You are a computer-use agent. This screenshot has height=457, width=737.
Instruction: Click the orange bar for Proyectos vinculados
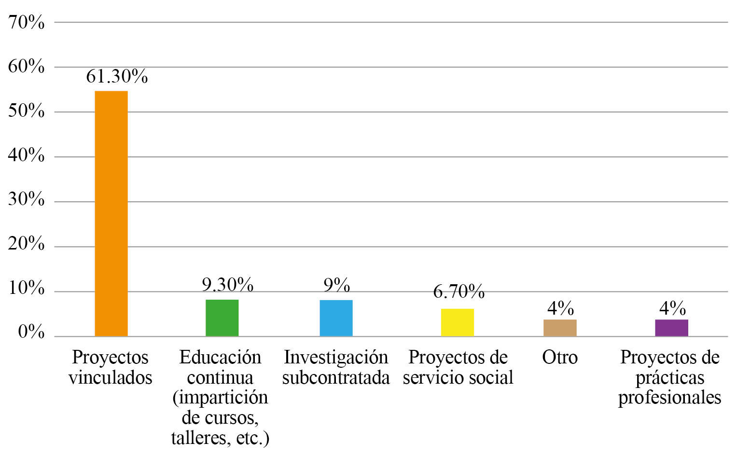(111, 213)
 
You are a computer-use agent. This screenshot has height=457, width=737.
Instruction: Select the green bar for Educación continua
(222, 318)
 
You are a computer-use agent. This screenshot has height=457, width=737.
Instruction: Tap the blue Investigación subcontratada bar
(336, 318)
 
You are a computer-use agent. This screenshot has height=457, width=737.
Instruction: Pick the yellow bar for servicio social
(457, 322)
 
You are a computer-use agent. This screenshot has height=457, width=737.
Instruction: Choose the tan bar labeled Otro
(560, 328)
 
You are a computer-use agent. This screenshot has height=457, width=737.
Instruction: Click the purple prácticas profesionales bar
(671, 328)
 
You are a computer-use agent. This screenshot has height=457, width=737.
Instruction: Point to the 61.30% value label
(117, 76)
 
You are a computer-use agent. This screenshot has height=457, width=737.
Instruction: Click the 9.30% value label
(227, 285)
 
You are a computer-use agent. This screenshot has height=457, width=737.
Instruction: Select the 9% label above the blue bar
(336, 285)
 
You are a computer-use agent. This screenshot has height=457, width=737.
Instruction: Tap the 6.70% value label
(459, 291)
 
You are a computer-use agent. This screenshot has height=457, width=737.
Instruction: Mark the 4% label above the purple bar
(672, 308)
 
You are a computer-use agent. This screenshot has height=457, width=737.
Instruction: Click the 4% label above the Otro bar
(560, 308)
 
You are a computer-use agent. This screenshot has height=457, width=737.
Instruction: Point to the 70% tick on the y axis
(27, 22)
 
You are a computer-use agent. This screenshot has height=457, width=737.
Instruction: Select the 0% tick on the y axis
(31, 332)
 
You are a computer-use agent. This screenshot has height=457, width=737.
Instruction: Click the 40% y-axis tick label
(27, 155)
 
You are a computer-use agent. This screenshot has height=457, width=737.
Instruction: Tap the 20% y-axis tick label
(27, 244)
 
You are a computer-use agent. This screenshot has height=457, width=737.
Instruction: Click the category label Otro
(560, 358)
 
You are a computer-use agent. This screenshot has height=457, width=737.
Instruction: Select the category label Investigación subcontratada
(336, 368)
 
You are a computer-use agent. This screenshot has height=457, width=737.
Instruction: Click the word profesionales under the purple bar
(669, 398)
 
